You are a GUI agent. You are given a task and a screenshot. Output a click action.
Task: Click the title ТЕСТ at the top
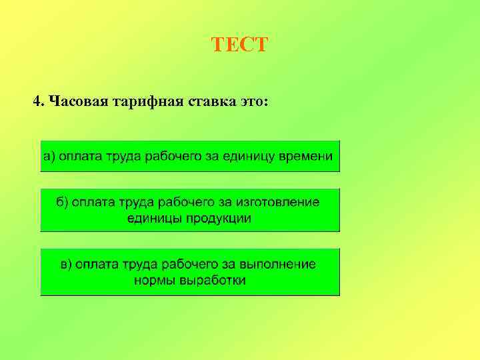point(239,45)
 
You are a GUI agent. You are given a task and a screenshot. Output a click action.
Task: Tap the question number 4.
point(38,102)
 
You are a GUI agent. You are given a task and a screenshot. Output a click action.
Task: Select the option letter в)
point(66,265)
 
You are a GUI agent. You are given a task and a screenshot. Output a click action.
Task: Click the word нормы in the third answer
point(155,281)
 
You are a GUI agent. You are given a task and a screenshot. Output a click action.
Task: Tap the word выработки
point(212,281)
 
